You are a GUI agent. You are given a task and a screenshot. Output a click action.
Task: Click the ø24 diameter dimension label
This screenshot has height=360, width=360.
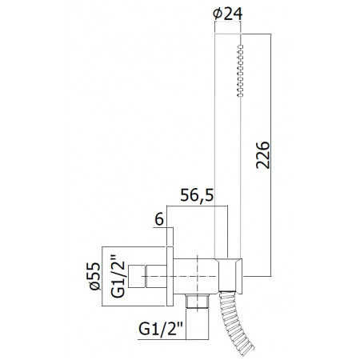pyautogui.click(x=228, y=14)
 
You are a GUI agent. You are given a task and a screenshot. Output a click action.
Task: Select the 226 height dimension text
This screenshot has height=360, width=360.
pyautogui.click(x=263, y=155)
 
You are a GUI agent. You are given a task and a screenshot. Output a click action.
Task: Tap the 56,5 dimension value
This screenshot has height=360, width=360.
pyautogui.click(x=197, y=195)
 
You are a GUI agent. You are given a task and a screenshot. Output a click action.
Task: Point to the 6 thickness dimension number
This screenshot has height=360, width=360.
pyautogui.click(x=159, y=220)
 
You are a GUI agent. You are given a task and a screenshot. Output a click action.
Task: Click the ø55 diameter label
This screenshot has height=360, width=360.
pyautogui.click(x=95, y=276)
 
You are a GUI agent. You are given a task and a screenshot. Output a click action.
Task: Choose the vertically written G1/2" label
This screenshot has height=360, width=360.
pyautogui.click(x=118, y=276)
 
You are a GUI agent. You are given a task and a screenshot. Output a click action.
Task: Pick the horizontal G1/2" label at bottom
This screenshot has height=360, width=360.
pyautogui.click(x=160, y=330)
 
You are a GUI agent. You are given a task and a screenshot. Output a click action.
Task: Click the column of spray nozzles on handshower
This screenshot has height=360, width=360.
pyautogui.click(x=240, y=70)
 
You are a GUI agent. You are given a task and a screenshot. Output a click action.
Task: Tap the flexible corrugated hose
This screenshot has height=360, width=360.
pyautogui.click(x=234, y=322)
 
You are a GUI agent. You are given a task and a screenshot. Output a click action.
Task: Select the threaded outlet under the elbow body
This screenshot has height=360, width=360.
pyautogui.click(x=198, y=302)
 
